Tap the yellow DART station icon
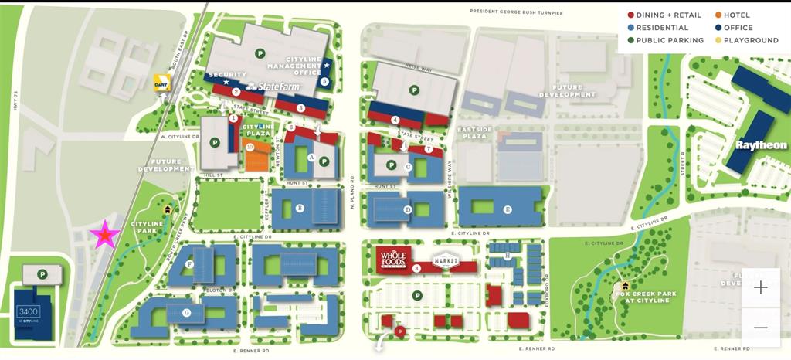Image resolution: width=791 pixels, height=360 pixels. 161,83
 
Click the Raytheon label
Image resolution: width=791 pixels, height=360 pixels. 761,145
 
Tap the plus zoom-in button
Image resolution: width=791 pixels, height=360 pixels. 760,287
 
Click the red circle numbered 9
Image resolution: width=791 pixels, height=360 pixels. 399,331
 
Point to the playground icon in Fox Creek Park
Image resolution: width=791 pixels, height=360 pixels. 624,287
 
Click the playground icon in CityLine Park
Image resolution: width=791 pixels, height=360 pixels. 167,209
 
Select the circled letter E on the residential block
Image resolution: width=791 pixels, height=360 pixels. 508,209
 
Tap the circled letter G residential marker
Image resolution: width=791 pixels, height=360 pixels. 186,312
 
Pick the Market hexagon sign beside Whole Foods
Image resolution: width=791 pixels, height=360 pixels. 446,261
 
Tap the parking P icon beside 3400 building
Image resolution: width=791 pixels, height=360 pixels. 43,273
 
